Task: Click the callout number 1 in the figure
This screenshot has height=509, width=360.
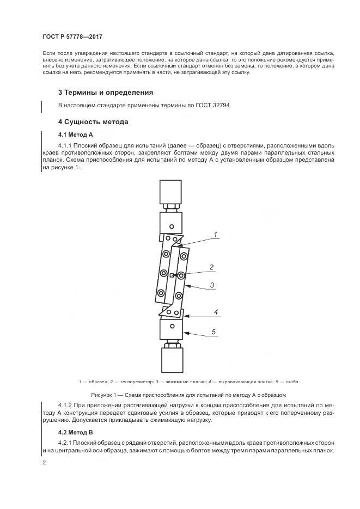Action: [215, 235]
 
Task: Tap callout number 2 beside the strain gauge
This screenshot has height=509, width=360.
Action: [212, 267]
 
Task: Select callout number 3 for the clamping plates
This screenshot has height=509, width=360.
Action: [212, 285]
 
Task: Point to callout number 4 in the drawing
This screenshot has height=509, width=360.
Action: [216, 312]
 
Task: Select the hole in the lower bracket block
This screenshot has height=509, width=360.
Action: [172, 326]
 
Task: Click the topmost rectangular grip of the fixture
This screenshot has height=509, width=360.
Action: [172, 192]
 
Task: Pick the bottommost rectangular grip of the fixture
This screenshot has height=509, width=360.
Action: [172, 360]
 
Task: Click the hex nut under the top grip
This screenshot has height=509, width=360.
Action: [172, 207]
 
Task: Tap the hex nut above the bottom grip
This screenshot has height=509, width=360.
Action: [172, 344]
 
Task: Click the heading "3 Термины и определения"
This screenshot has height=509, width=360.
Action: [106, 93]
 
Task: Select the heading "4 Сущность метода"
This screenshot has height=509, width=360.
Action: [93, 122]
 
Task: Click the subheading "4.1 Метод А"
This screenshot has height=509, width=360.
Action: [76, 134]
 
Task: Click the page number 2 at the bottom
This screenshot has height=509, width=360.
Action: [44, 463]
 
